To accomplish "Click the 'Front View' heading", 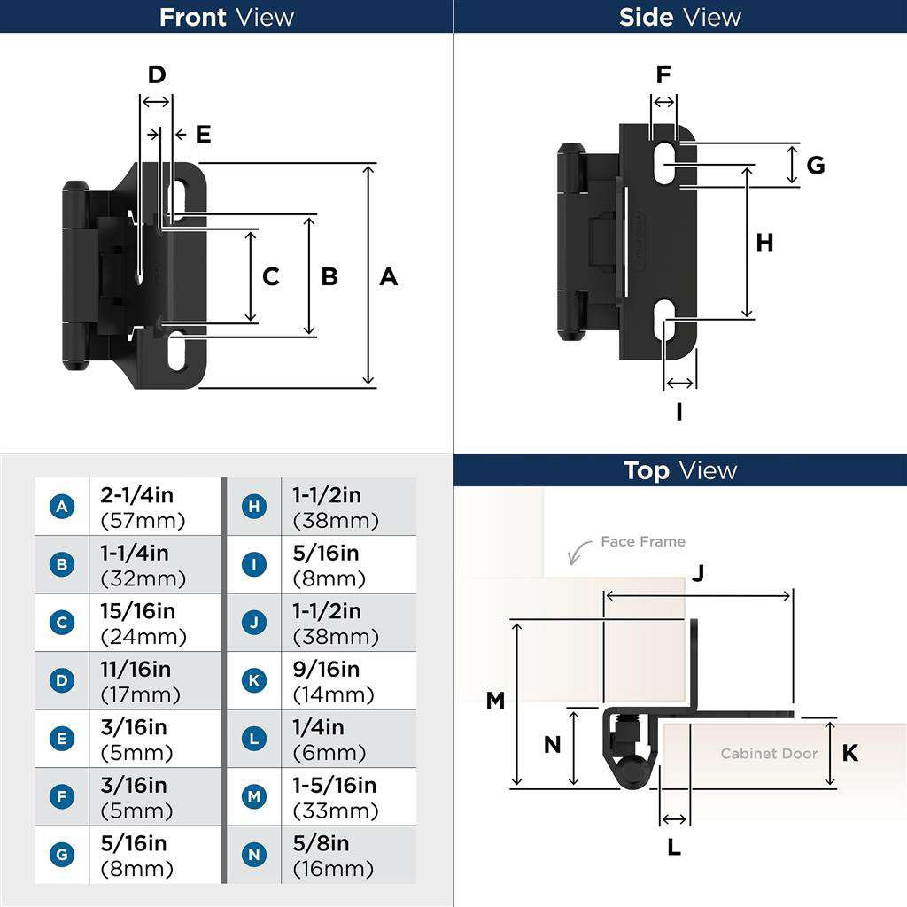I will pos(226,17).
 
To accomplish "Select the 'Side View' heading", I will pos(679,17).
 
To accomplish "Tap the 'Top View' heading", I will pos(679,470).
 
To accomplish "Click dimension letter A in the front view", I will pos(388,276).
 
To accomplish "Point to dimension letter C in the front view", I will pos(271,276).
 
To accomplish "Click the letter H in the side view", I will pos(764,242).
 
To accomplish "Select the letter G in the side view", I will pos(816,165).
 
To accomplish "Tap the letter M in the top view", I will pos(495,701).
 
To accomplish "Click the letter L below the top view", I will pos(674,848).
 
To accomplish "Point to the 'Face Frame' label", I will pos(642,541).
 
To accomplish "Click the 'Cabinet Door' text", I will pos(769,754).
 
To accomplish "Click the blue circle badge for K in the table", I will pos(254,681).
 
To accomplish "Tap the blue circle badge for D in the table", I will pos(61,681).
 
